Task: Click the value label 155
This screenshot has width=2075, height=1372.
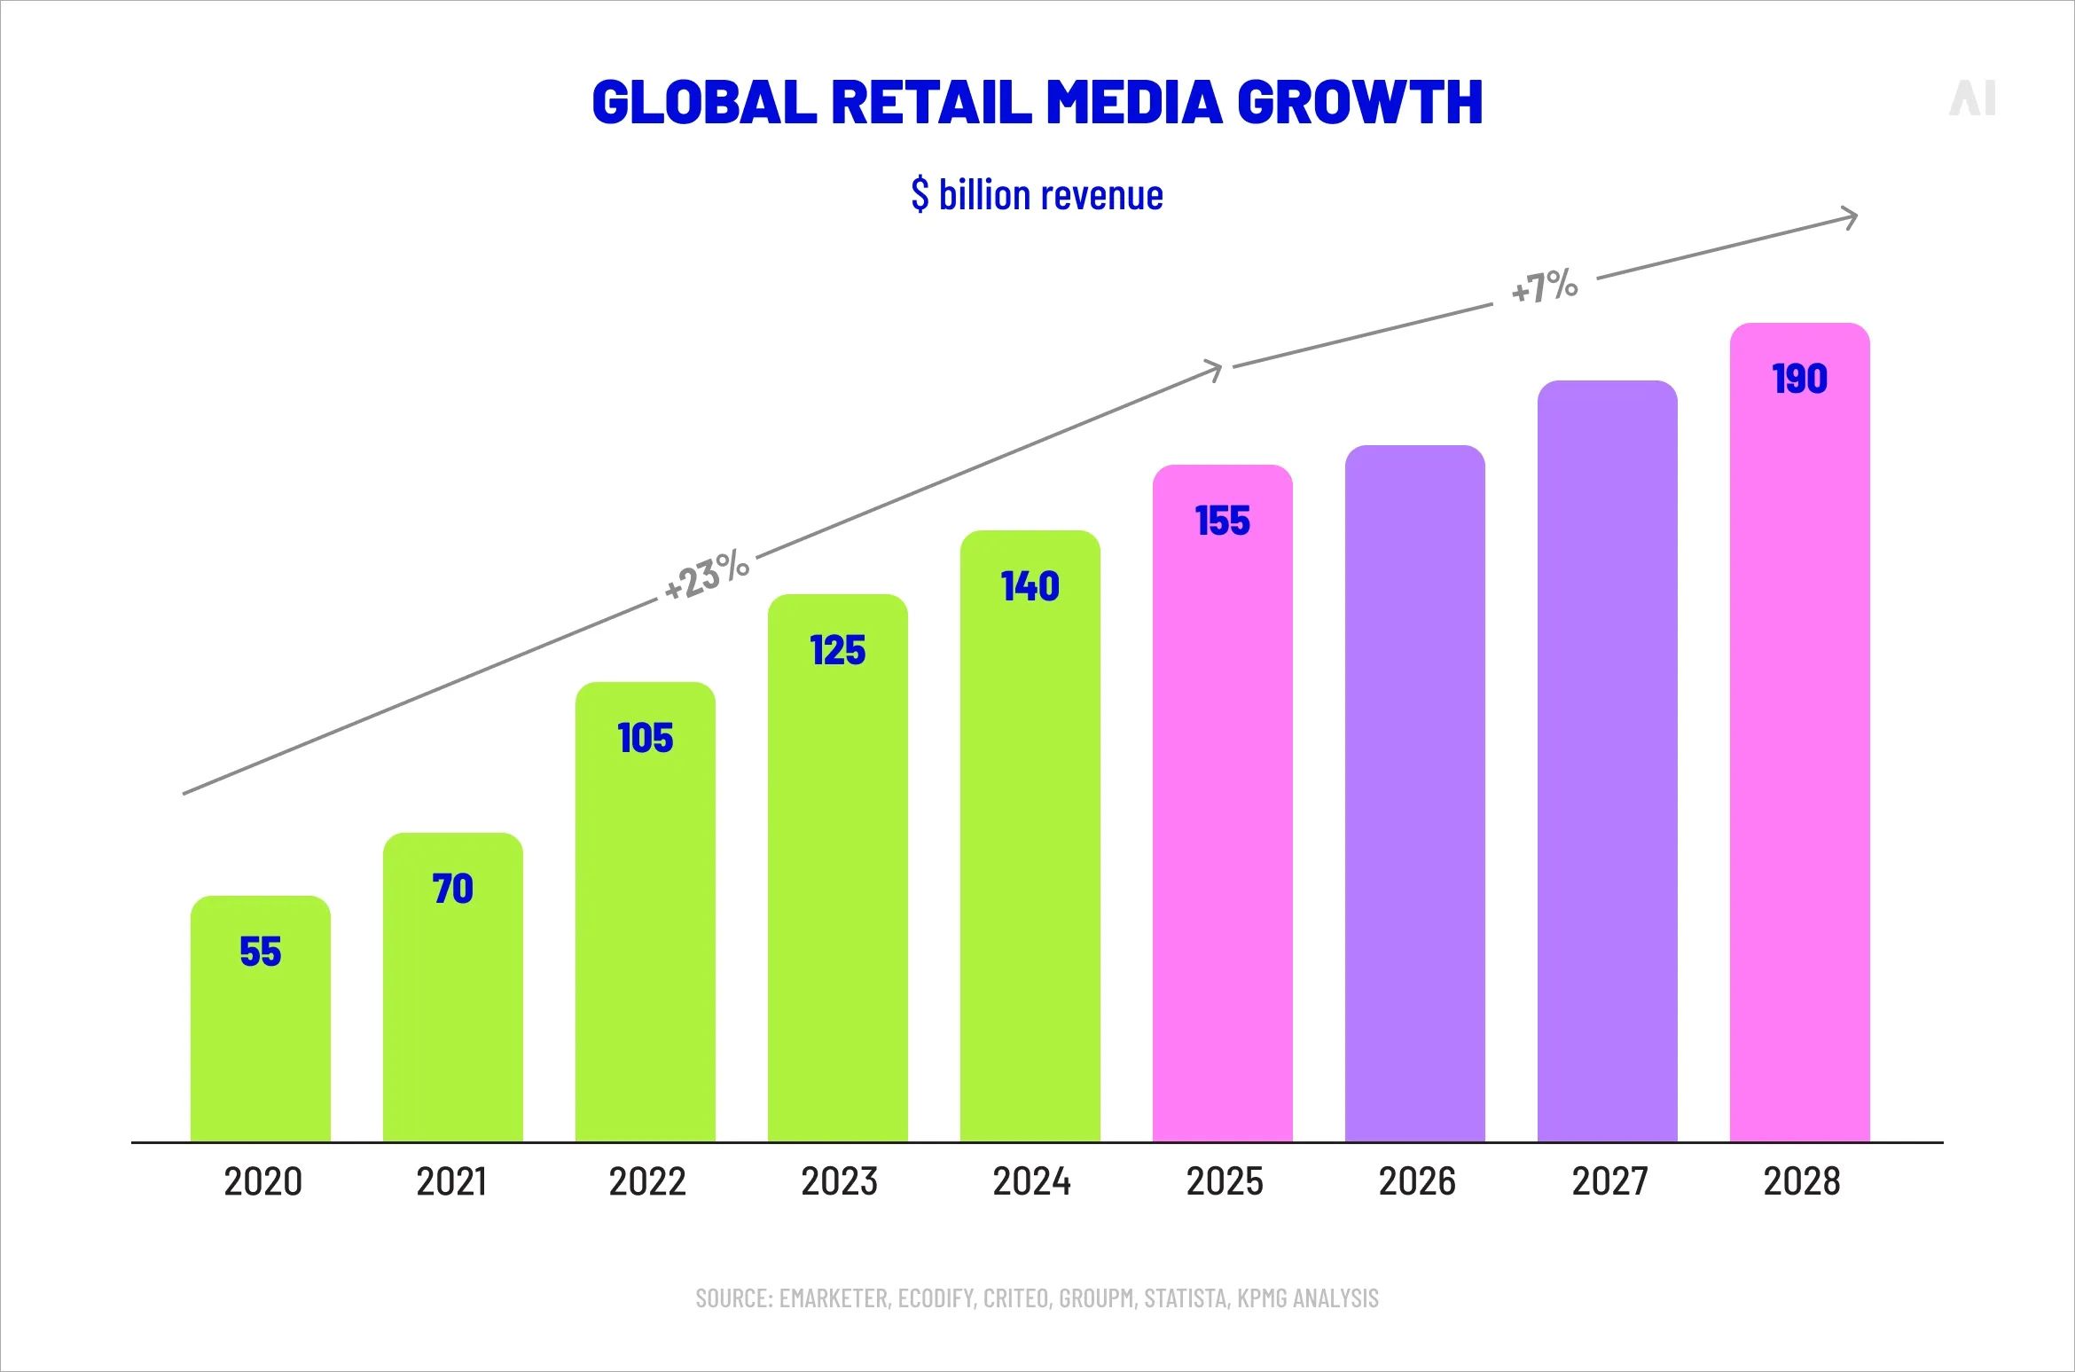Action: tap(1222, 521)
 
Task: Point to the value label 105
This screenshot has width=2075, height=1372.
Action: tap(645, 738)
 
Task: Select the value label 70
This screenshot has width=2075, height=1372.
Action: tap(452, 889)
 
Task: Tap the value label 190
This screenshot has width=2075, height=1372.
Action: tap(1799, 380)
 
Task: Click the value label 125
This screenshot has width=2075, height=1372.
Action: tap(837, 651)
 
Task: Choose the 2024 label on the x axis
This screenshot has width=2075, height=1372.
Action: tap(1031, 1181)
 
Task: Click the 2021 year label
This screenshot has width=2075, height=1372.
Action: tap(451, 1181)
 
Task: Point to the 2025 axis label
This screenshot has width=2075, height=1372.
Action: tap(1225, 1181)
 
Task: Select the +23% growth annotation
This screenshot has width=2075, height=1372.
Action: tap(707, 575)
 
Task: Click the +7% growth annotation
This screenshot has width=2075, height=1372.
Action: tap(1544, 286)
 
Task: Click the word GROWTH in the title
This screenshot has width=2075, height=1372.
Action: tap(1359, 102)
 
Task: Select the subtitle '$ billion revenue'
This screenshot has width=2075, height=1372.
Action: tap(1037, 195)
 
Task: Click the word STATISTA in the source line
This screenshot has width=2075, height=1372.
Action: tap(1186, 1298)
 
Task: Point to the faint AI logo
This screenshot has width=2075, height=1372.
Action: tap(1972, 98)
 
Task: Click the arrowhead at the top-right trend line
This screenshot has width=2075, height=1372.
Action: tap(1849, 217)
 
